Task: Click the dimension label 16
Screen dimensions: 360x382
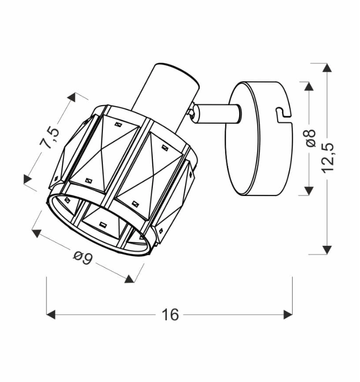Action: [170, 315]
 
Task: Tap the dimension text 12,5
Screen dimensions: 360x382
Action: [328, 158]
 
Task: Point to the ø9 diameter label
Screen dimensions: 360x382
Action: [83, 258]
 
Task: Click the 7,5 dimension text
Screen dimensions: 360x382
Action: [50, 138]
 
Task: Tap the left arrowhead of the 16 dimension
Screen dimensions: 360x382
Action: [51, 315]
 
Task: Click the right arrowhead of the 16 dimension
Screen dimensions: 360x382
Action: [288, 315]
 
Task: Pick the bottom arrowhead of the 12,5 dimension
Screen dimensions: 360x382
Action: [327, 250]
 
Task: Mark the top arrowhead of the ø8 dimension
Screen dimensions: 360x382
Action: [309, 86]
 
